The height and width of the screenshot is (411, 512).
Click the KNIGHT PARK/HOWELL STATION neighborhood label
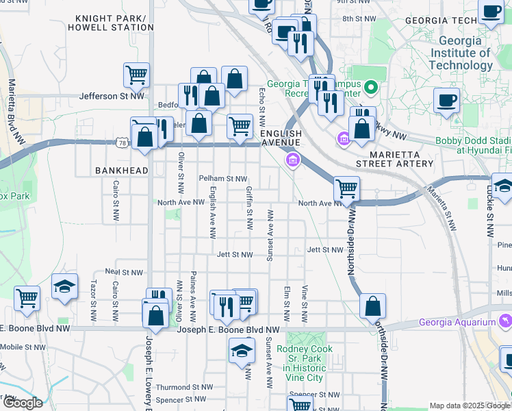pyautogui.click(x=114, y=23)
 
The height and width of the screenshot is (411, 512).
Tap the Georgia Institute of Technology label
pyautogui.click(x=461, y=53)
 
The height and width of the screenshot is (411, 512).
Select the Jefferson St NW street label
pyautogui.click(x=112, y=97)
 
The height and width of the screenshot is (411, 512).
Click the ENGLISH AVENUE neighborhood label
pyautogui.click(x=281, y=138)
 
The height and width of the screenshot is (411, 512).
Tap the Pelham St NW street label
pyautogui.click(x=222, y=178)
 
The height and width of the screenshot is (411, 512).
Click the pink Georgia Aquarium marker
pyautogui.click(x=505, y=321)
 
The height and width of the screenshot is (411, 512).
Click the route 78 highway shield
pyautogui.click(x=122, y=142)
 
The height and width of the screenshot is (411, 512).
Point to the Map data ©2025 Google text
pyautogui.click(x=470, y=406)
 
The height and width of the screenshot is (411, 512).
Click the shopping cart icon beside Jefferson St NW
pyautogui.click(x=137, y=75)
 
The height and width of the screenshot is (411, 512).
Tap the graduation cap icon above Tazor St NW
pyautogui.click(x=64, y=286)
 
